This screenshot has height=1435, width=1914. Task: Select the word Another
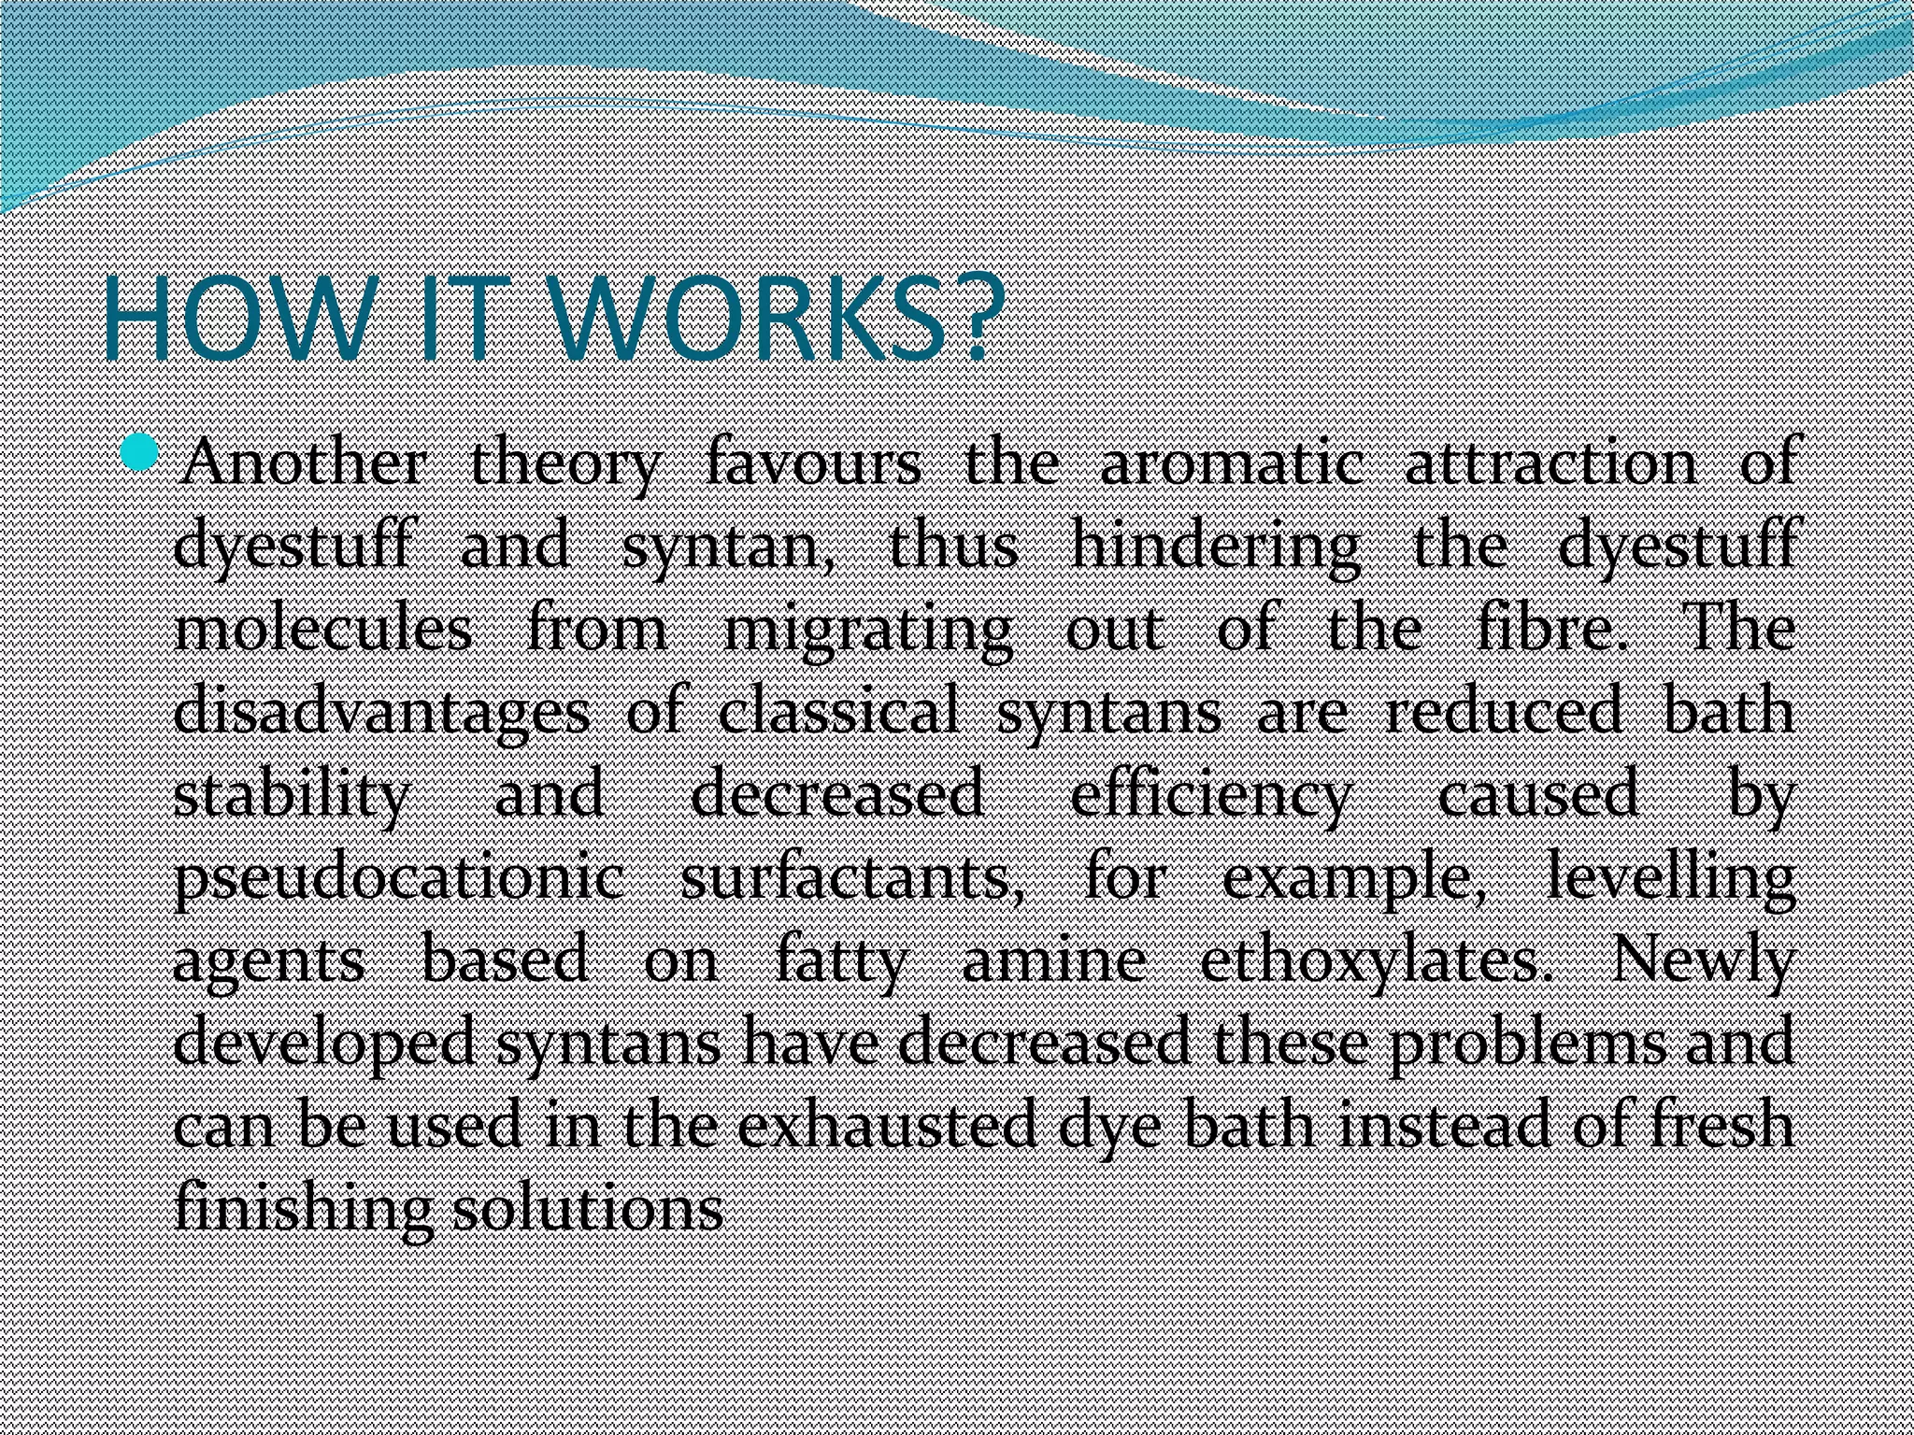303,463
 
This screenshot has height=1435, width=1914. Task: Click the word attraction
1551,463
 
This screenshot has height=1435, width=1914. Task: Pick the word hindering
1215,547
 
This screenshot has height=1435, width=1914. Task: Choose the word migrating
868,631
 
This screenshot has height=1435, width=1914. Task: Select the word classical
838,712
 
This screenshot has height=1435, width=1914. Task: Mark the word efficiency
1210,795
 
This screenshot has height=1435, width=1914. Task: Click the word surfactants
851,878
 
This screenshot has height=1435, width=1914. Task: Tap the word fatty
841,960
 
